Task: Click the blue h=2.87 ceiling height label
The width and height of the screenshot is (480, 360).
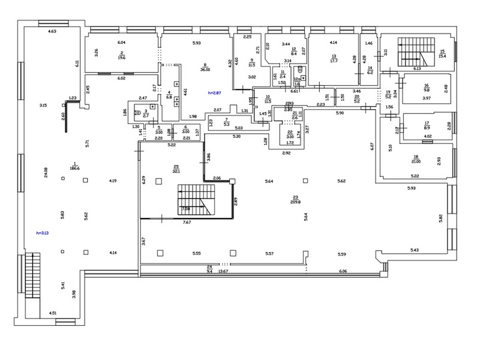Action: coord(214,92)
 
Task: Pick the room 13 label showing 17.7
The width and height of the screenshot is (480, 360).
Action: coord(334,58)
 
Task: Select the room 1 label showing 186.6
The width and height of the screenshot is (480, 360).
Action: coord(75,167)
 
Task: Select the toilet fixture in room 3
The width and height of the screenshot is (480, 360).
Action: coord(139,110)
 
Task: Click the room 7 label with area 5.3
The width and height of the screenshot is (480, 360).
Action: coord(226,122)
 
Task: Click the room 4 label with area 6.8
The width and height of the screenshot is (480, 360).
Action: coord(169,94)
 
